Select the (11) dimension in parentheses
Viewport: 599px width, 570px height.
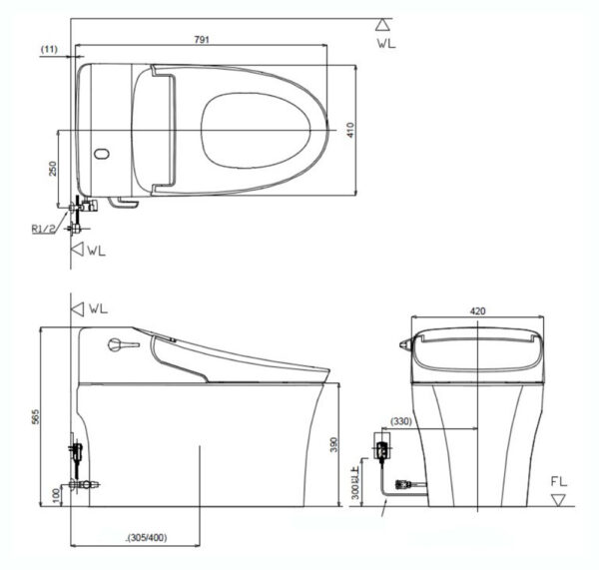pos(48,46)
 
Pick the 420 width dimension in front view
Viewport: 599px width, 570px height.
pos(478,311)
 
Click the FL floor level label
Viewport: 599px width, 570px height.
pos(558,480)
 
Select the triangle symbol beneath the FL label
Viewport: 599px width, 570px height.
pos(559,498)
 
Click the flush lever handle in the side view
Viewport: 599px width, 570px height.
pos(117,345)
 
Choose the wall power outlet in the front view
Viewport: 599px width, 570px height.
pos(382,445)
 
